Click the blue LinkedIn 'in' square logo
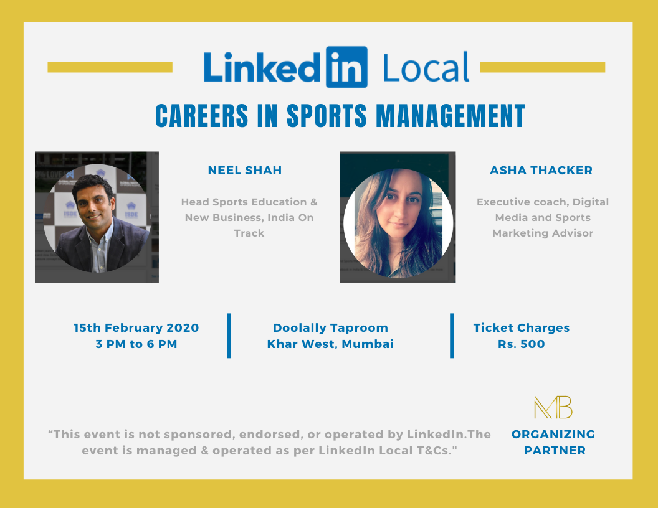(x=346, y=67)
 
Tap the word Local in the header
(x=426, y=67)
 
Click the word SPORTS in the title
(x=327, y=116)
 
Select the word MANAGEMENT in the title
(x=451, y=116)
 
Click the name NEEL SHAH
(x=245, y=170)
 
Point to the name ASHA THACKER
(x=541, y=170)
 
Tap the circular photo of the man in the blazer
(x=97, y=219)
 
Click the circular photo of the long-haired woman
(x=398, y=223)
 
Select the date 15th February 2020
(x=136, y=327)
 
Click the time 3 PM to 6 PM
(x=136, y=344)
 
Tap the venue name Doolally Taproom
(x=330, y=327)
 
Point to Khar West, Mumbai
(x=330, y=344)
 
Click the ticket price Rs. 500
(x=521, y=344)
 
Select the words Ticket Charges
(x=521, y=327)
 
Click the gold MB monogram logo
(x=553, y=407)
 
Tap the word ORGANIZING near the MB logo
(x=553, y=435)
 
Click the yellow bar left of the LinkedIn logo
(x=110, y=67)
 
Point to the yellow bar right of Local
(x=543, y=67)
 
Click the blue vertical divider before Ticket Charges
(x=452, y=336)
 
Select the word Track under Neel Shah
(x=249, y=233)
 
